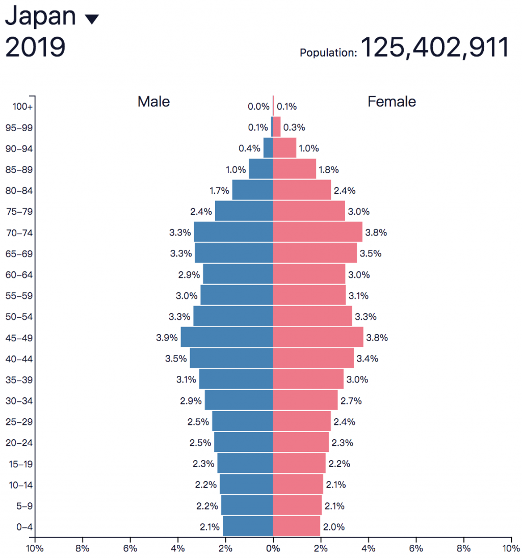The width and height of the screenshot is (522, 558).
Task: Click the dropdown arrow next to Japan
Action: point(92,19)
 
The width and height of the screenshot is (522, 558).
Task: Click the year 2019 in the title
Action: point(35,47)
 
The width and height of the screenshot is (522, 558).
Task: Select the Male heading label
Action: point(153,102)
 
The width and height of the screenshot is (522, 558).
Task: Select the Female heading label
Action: point(391,102)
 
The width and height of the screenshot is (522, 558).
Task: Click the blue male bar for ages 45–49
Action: point(227,337)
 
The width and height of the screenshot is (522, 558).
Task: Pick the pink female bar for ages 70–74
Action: point(318,232)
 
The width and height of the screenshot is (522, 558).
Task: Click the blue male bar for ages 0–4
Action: point(248,526)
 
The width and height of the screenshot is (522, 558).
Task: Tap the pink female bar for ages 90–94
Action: point(284,148)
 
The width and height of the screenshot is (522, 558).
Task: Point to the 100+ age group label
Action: point(22,107)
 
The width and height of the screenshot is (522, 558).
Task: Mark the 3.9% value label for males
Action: point(167,338)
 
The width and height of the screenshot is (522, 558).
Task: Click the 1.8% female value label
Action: point(328,170)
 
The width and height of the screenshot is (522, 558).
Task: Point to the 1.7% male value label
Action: point(219,191)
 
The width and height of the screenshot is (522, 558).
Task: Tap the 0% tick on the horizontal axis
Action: point(273,548)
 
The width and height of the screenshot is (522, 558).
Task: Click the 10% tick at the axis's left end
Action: point(35,548)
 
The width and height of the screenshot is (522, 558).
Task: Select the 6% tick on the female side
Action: point(416,548)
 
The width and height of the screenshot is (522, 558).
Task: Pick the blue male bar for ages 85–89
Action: point(261,169)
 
